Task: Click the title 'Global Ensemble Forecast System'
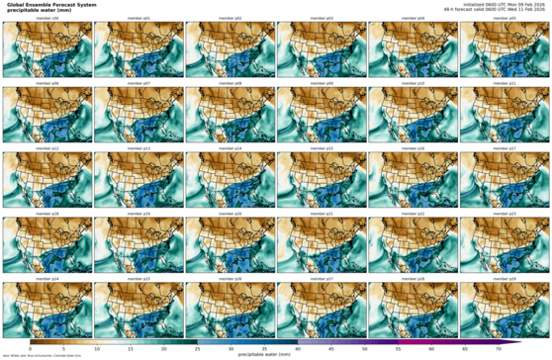coord(51,4)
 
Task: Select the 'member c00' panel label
coord(46,18)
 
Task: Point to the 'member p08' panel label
coord(230,83)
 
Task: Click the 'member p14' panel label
coord(230,148)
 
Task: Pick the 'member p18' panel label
coord(46,213)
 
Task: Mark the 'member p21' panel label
coord(322,213)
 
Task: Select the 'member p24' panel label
coord(46,278)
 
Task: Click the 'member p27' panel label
coord(322,278)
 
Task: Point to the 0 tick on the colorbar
coord(30,349)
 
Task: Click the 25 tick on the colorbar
coord(197,349)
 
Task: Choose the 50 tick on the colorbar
coord(364,349)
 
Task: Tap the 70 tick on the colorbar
coord(498,349)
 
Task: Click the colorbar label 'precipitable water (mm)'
coord(266,354)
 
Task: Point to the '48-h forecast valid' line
coord(506,9)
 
